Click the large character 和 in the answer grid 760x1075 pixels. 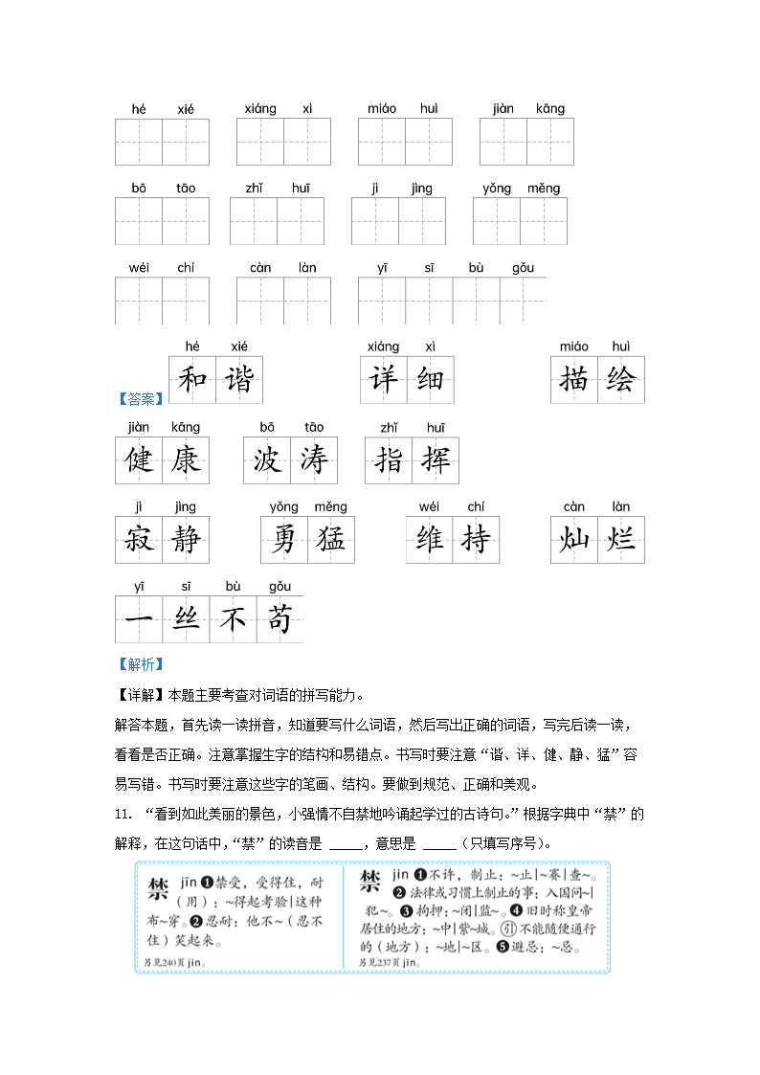click(x=192, y=380)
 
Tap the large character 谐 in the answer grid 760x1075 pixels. click(x=239, y=380)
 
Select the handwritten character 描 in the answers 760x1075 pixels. click(x=574, y=380)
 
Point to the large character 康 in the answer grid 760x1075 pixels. click(x=186, y=460)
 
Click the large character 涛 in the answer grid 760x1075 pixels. click(x=314, y=460)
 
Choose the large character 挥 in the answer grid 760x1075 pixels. click(x=436, y=460)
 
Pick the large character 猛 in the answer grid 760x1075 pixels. click(x=330, y=540)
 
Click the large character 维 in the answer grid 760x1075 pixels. click(x=430, y=540)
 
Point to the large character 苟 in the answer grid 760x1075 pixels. click(x=279, y=619)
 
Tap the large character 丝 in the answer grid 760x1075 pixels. click(x=186, y=619)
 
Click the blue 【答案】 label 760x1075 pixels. click(x=140, y=399)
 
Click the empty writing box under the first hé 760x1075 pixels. click(x=139, y=142)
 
